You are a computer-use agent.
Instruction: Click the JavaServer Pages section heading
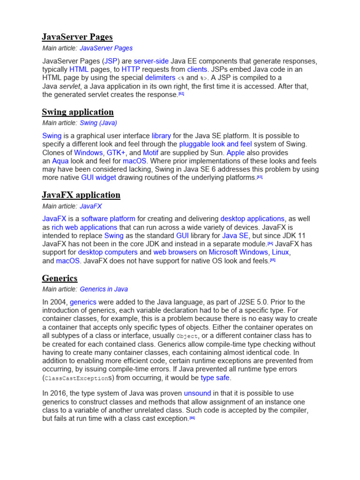77,37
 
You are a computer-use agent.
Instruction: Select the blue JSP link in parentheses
111,61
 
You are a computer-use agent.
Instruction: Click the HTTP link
131,69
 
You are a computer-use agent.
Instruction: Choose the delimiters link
160,78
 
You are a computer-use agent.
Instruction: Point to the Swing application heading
78,112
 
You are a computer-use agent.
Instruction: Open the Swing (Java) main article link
98,123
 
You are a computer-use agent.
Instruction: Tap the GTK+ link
117,152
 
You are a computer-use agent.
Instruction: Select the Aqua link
60,161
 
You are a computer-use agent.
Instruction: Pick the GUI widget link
98,178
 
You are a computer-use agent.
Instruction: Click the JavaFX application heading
81,195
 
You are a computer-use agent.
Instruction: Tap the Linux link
281,252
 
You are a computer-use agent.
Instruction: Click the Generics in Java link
104,289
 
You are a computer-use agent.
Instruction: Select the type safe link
216,378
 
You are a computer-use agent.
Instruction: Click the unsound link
197,393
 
